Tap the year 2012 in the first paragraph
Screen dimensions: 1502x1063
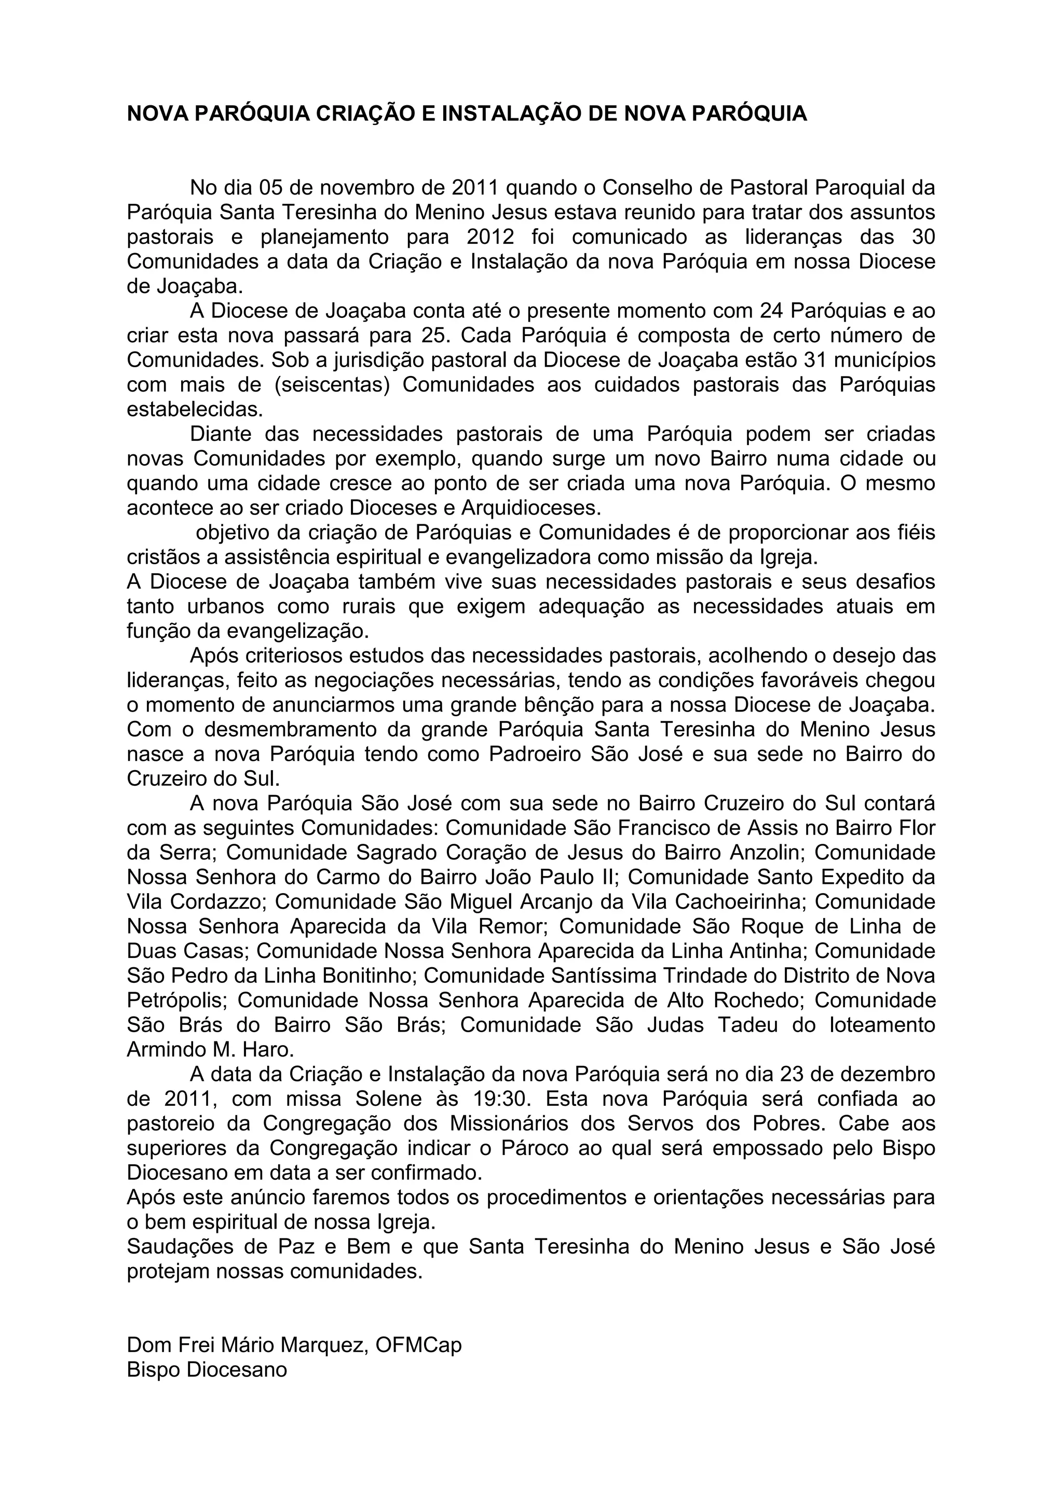pos(491,237)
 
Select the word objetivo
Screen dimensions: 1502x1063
pos(238,533)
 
